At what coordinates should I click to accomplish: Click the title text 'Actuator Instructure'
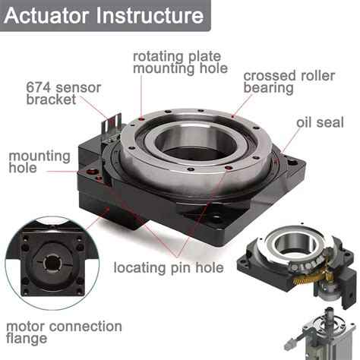106,16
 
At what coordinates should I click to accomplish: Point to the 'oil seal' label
318,122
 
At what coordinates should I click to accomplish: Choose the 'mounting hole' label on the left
39,162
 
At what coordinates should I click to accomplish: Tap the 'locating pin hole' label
168,267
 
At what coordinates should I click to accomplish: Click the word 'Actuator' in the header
52,16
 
